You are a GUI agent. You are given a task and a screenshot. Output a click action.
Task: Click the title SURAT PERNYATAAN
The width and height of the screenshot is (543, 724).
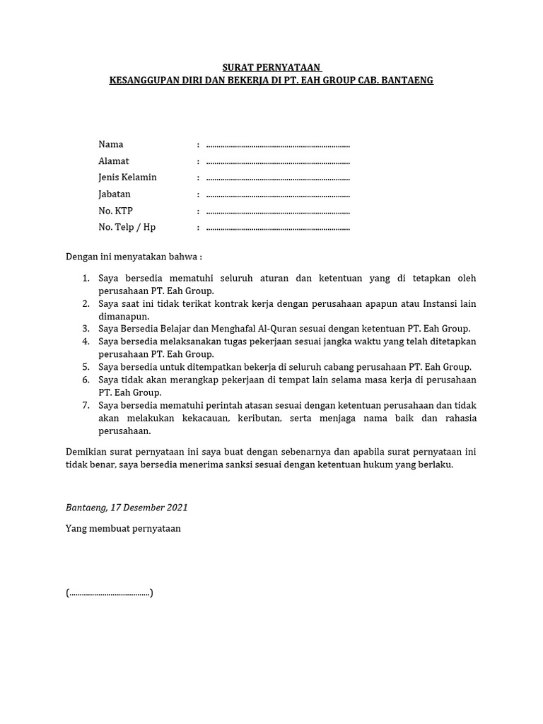pyautogui.click(x=271, y=67)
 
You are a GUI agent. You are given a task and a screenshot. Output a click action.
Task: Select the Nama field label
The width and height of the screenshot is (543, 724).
pyautogui.click(x=111, y=144)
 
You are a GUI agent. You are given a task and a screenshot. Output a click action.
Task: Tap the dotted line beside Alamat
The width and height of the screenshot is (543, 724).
pyautogui.click(x=278, y=162)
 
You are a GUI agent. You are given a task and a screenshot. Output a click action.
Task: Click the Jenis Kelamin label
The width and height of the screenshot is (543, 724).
pyautogui.click(x=127, y=177)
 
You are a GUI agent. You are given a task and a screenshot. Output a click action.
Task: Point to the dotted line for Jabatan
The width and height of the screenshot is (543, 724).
pyautogui.click(x=278, y=195)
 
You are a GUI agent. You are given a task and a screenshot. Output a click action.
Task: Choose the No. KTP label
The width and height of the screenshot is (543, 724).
pyautogui.click(x=116, y=211)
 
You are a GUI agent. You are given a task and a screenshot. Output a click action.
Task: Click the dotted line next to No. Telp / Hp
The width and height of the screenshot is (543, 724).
pyautogui.click(x=278, y=228)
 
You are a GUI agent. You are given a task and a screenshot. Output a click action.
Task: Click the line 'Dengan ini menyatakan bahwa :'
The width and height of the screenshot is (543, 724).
pyautogui.click(x=134, y=256)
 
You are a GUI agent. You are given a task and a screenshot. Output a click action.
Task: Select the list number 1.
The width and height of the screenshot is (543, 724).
pyautogui.click(x=86, y=279)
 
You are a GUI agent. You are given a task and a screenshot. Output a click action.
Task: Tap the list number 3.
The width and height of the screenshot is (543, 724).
pyautogui.click(x=86, y=328)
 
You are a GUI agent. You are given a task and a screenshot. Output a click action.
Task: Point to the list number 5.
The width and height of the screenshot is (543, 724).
pyautogui.click(x=86, y=367)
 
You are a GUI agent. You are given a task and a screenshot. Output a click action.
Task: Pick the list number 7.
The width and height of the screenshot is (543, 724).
pyautogui.click(x=86, y=405)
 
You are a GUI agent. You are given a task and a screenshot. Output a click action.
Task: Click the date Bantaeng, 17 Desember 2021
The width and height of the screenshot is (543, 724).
pyautogui.click(x=127, y=508)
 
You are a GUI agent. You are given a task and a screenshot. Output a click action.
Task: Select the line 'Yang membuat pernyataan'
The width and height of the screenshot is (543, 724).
pyautogui.click(x=123, y=528)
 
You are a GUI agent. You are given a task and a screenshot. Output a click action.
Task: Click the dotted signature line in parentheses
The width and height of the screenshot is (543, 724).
pyautogui.click(x=110, y=593)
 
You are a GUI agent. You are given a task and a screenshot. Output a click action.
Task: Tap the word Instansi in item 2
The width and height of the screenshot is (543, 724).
pyautogui.click(x=440, y=304)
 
